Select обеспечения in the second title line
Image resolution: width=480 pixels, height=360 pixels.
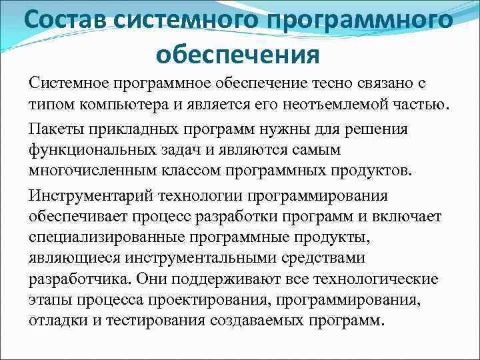pos(239,53)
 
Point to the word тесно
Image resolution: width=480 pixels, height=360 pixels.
pos(329,84)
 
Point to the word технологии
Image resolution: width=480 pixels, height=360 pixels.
pos(207,196)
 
